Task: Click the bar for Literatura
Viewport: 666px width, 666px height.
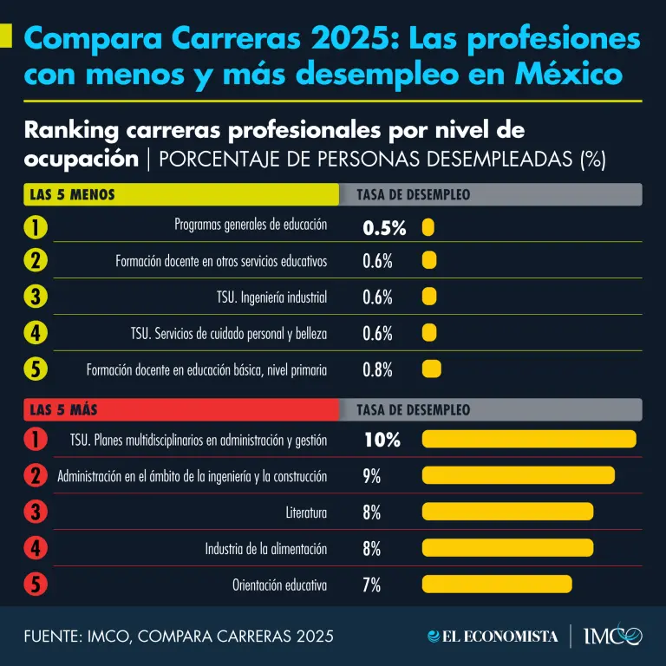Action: (x=507, y=512)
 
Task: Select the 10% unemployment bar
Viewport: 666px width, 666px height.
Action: (x=529, y=439)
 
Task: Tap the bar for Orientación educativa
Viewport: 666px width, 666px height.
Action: (x=497, y=584)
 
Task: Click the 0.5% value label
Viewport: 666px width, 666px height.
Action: (x=384, y=228)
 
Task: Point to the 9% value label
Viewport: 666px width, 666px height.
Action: (x=372, y=475)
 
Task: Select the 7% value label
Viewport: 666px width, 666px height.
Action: (x=372, y=584)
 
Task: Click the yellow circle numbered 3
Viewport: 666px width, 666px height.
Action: (x=36, y=297)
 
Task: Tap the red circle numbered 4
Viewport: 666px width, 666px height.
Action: (x=36, y=548)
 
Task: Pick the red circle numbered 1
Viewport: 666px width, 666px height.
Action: (x=36, y=440)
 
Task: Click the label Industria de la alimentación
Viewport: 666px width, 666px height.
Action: (x=266, y=548)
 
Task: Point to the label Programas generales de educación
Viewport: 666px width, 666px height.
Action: (x=251, y=225)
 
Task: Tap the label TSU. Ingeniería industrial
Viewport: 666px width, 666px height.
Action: (x=271, y=297)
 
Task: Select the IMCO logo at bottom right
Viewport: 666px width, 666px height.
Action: (x=613, y=636)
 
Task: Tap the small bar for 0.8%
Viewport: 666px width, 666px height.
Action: (x=431, y=369)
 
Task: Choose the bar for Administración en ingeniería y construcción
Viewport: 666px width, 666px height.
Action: (x=518, y=475)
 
